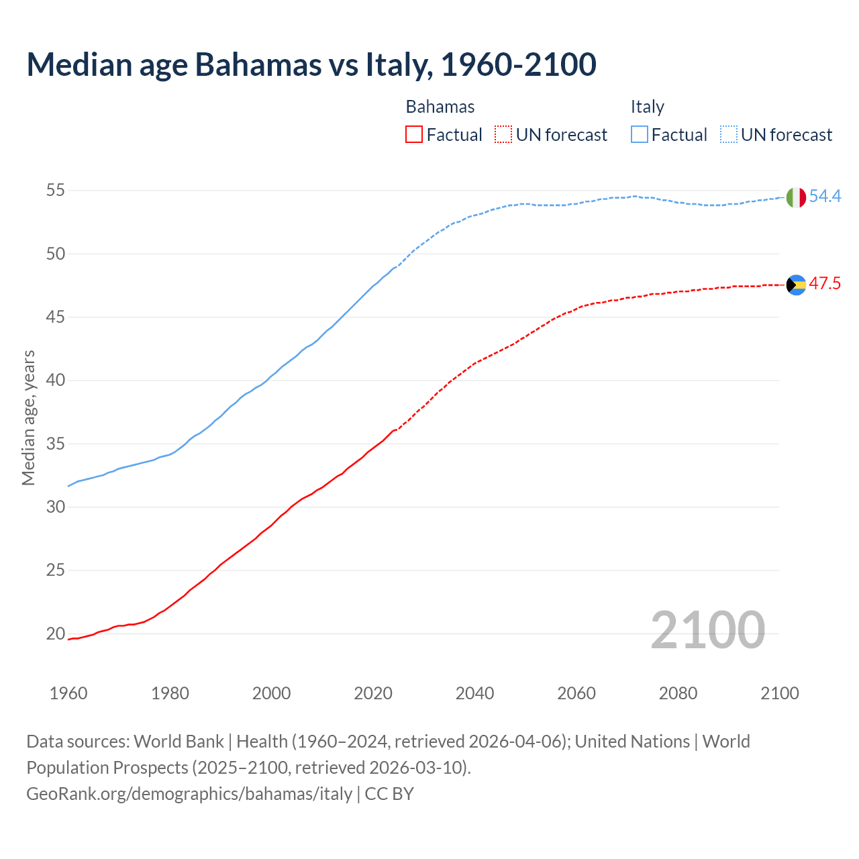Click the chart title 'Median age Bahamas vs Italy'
tap(311, 65)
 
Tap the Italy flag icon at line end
tap(796, 197)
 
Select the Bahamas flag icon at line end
tap(796, 285)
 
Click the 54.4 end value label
tap(825, 197)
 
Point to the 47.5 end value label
tap(825, 284)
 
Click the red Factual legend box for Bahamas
tap(414, 135)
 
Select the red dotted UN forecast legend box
tap(503, 135)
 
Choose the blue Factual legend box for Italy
tap(640, 135)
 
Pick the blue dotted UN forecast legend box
tap(729, 135)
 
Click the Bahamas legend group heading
tap(440, 107)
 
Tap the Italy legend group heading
tap(648, 107)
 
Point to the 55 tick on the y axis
tap(55, 191)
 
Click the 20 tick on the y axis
tap(55, 634)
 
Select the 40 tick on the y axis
tap(55, 381)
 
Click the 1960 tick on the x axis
tap(68, 693)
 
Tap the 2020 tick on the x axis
tap(373, 693)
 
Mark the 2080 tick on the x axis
tap(678, 693)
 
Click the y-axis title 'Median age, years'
tap(28, 417)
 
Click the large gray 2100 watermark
tap(708, 629)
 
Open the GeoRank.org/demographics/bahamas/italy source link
tap(189, 794)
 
